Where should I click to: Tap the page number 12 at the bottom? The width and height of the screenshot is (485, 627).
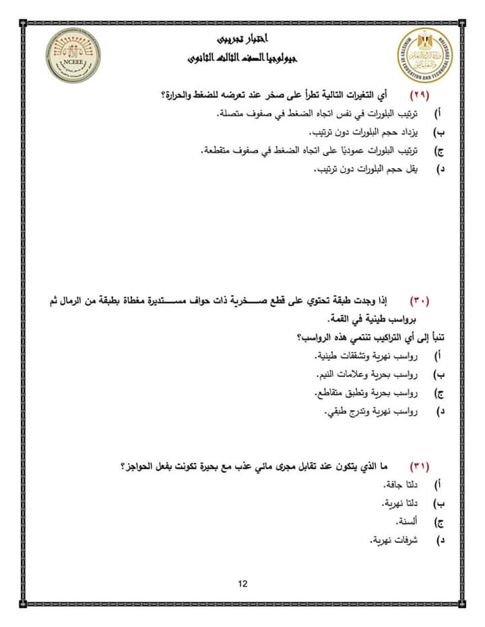click(x=243, y=583)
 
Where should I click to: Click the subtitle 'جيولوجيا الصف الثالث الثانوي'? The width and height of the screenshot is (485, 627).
click(x=243, y=59)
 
